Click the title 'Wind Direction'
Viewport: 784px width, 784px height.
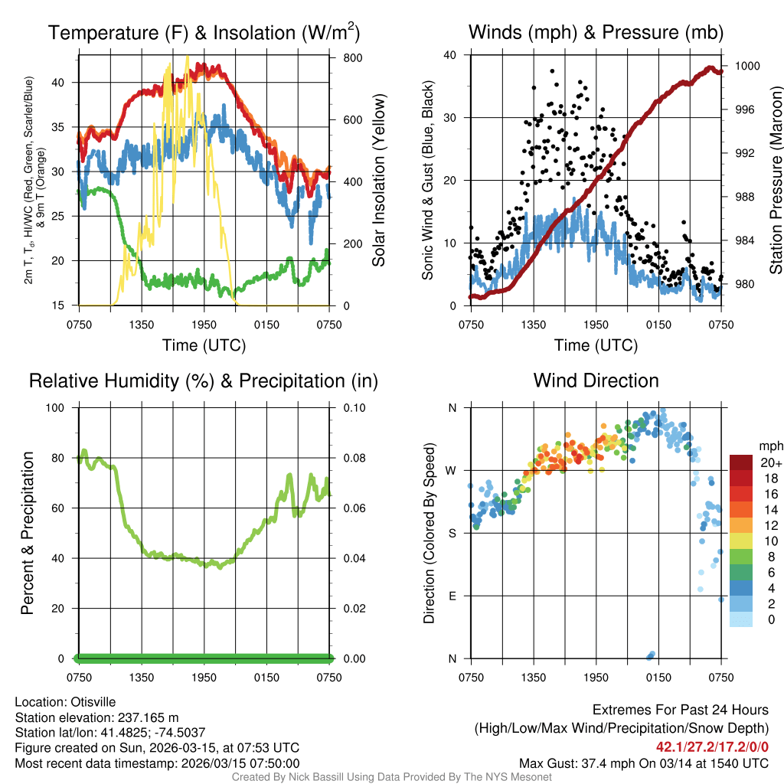(x=596, y=381)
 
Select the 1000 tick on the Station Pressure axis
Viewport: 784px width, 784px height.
(x=746, y=66)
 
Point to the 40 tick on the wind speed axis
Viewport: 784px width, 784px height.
(x=451, y=55)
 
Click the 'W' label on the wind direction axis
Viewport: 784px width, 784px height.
(x=452, y=470)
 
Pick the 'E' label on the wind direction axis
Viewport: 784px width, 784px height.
(x=452, y=596)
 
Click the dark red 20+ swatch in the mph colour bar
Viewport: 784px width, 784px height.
(x=741, y=462)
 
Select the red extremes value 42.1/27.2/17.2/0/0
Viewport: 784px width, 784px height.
(x=712, y=746)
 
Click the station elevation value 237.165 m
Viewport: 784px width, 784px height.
(x=147, y=717)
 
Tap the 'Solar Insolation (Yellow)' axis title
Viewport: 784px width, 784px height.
(x=379, y=180)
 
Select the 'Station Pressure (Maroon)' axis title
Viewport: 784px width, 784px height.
(x=775, y=180)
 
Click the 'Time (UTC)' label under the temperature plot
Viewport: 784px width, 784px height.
(x=204, y=345)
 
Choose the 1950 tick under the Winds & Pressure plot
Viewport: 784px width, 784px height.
(x=596, y=325)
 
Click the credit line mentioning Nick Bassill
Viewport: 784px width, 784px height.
(x=392, y=777)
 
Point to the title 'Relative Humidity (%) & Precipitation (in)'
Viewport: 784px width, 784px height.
(x=204, y=381)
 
